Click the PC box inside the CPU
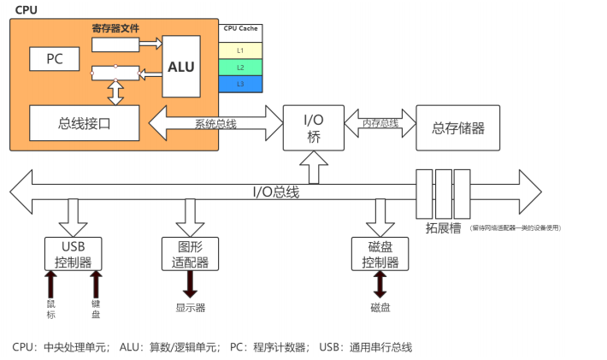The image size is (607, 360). point(53,59)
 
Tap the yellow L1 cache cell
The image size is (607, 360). point(240,50)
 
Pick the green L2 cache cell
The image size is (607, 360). point(240,67)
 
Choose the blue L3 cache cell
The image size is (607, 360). point(240,84)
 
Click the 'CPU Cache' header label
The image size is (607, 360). point(240,29)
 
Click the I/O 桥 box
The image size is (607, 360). point(313,127)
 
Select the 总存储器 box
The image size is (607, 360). point(457,127)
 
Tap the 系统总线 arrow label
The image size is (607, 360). point(215,123)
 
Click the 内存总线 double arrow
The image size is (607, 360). point(380,123)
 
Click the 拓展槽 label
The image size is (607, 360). point(443,227)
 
